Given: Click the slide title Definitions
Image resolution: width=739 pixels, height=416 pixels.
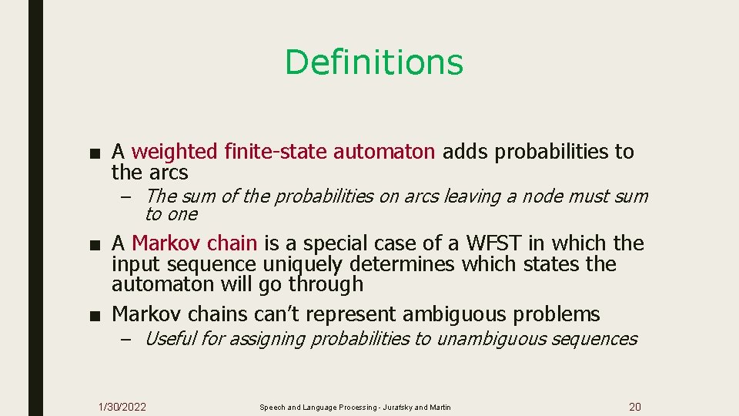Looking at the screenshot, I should (374, 62).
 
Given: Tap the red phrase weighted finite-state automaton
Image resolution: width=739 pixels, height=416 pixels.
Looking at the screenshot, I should (283, 152).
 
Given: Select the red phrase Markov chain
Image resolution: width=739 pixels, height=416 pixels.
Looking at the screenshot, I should (195, 243).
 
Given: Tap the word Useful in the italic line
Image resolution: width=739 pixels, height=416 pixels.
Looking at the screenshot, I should (170, 338).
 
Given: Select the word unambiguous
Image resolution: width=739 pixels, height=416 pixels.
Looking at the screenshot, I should (489, 338).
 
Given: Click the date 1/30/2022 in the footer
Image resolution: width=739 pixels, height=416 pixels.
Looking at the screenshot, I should (122, 407).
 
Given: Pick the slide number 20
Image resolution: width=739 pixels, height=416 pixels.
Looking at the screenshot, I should (635, 407).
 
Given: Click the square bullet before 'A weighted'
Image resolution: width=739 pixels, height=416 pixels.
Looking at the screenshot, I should (93, 153).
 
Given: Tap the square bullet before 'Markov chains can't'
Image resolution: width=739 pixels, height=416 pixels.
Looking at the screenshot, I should (93, 315).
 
